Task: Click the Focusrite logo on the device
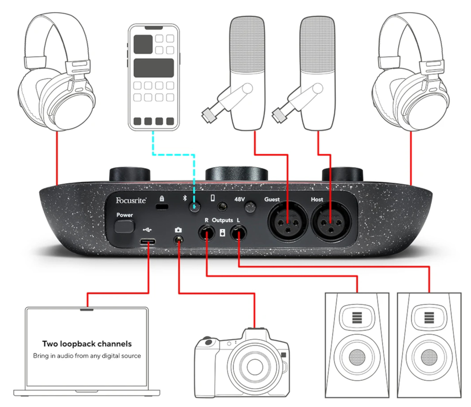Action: pos(131,201)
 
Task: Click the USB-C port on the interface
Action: pos(147,242)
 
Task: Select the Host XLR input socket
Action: pos(331,222)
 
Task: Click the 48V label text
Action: pos(239,199)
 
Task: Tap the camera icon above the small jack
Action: pos(178,230)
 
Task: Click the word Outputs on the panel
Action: pos(222,220)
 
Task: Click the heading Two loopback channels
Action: pos(87,344)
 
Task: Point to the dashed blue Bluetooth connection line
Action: pos(174,155)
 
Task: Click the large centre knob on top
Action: pos(237,173)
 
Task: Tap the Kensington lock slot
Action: pos(162,207)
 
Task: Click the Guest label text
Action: pos(272,199)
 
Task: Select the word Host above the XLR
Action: pos(317,199)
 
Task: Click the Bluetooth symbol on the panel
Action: pos(185,198)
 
